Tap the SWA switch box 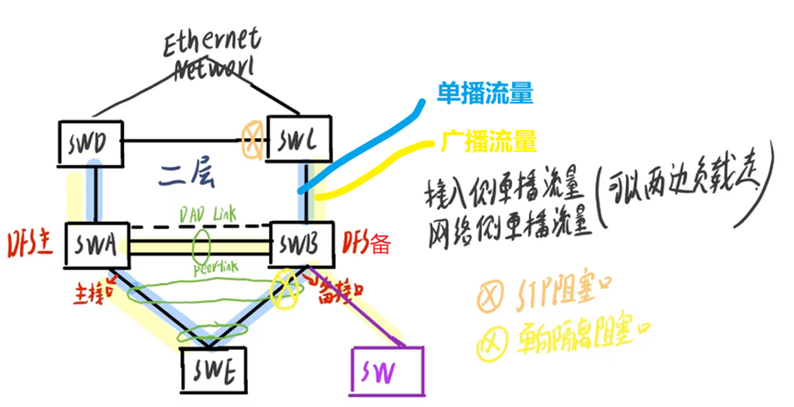click(x=95, y=246)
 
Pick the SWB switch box click(x=296, y=246)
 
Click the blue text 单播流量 click(x=486, y=93)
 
